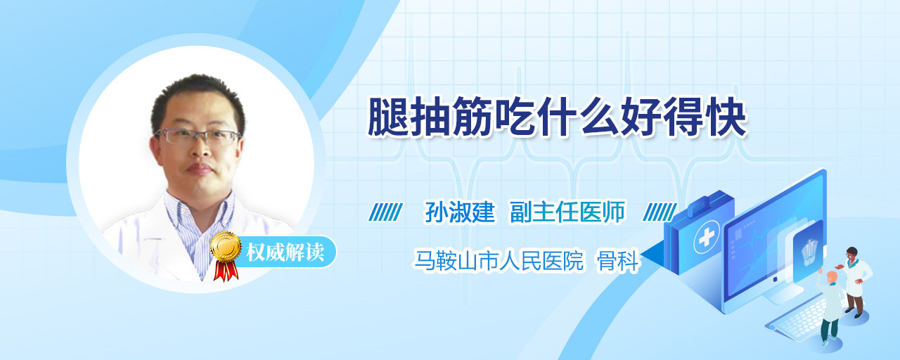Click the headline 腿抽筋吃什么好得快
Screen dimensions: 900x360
(x=558, y=117)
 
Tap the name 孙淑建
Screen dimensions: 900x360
(x=460, y=212)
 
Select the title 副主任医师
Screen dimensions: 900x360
(x=567, y=212)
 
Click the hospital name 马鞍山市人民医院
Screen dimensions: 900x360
(x=499, y=260)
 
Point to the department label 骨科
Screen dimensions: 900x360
(x=617, y=261)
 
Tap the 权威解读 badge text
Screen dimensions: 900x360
(x=285, y=252)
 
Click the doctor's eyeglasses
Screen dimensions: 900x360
(x=198, y=136)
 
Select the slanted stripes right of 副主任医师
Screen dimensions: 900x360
(x=660, y=212)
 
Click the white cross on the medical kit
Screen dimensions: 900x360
(x=706, y=237)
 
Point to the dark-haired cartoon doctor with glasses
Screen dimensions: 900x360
(x=856, y=282)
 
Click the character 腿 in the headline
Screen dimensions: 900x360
(x=387, y=117)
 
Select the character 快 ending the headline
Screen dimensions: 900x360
(x=727, y=117)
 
